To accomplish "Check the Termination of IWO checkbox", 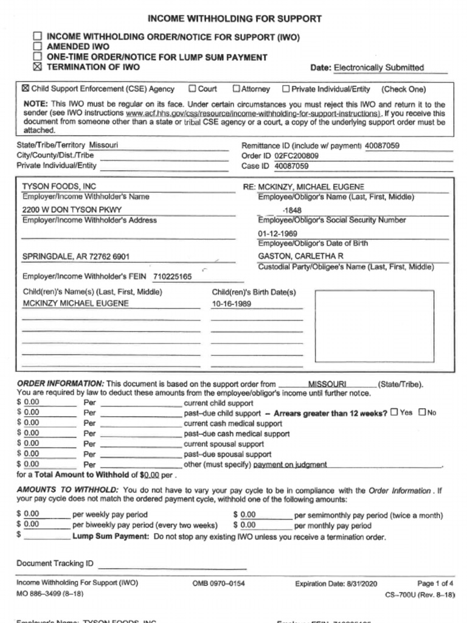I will (x=38, y=67).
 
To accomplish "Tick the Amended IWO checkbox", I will (x=38, y=46).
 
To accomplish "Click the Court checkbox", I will (x=192, y=89).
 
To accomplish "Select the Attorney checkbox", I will (x=237, y=89).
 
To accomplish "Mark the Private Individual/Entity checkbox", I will (x=286, y=89).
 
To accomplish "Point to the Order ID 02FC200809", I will (x=296, y=156).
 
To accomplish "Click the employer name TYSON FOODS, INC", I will (x=59, y=186).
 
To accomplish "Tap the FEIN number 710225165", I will (x=172, y=277).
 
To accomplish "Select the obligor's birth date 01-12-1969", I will (x=277, y=233).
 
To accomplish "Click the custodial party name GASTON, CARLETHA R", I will (x=300, y=256).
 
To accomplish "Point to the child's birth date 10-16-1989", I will (x=231, y=304).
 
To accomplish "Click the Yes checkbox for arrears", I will (x=394, y=412).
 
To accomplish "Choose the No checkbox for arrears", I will (x=423, y=412).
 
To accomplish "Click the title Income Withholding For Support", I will (x=235, y=19).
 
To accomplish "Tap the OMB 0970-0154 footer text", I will (x=218, y=583).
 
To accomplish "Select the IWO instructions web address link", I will (x=254, y=113).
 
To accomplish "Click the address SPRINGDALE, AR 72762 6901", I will (x=75, y=257).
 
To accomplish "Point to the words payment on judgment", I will (x=290, y=464).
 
